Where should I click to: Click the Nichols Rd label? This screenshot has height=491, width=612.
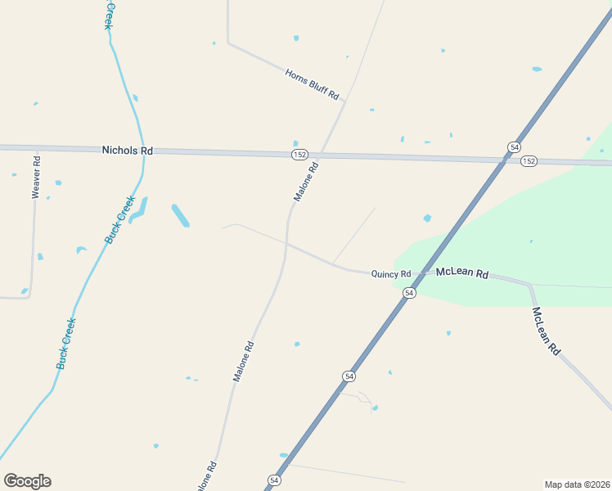(x=128, y=151)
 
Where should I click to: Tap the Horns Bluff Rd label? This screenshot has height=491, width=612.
(x=312, y=84)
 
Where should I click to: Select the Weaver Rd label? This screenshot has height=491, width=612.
(x=35, y=176)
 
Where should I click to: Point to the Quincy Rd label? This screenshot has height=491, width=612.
(x=390, y=275)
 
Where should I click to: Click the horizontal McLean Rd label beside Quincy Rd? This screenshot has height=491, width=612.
(x=462, y=273)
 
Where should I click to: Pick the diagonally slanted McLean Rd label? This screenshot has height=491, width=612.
(x=547, y=331)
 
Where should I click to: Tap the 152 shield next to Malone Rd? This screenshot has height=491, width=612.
(x=299, y=155)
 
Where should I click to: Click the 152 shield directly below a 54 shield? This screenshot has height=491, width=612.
(x=529, y=161)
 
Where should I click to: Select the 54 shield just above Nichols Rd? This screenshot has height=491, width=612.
(x=513, y=146)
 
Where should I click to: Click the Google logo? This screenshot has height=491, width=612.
(x=27, y=481)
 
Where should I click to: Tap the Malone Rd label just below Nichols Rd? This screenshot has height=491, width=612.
(x=306, y=182)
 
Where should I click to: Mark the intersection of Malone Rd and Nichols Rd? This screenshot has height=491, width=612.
(x=321, y=154)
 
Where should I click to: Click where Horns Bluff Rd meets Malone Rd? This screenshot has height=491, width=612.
(x=344, y=101)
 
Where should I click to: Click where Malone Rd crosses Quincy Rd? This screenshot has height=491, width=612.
(x=286, y=242)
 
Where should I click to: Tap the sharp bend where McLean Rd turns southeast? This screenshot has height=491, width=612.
(x=530, y=285)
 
